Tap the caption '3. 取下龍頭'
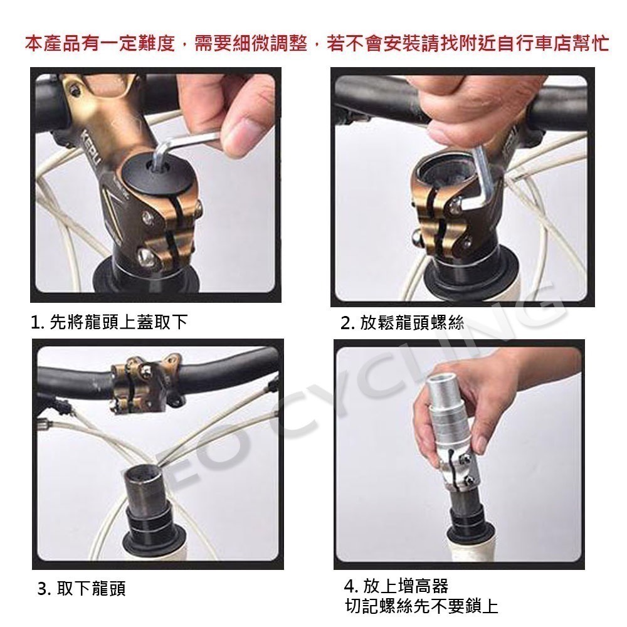coord(82,589)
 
